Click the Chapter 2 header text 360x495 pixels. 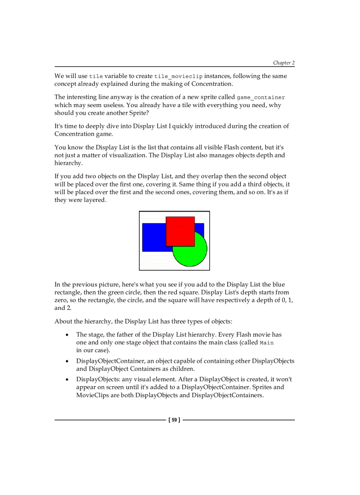(283, 63)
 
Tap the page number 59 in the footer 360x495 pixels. (174, 420)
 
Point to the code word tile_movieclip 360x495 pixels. (178, 77)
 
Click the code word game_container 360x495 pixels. (261, 97)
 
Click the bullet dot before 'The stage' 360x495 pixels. (67, 335)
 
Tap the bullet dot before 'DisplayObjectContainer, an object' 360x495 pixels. (67, 361)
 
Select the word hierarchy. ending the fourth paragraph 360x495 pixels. (68, 163)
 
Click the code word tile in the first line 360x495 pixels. (96, 77)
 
